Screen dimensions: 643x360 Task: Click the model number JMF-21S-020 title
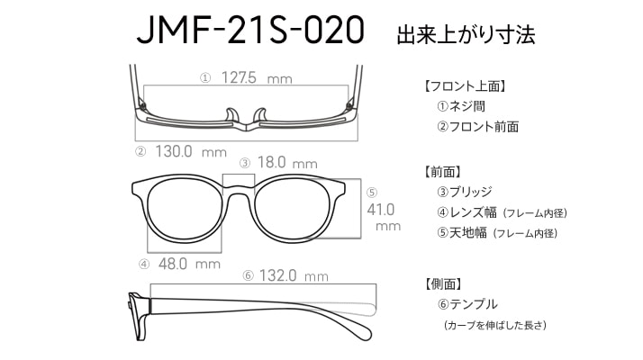pos(250,31)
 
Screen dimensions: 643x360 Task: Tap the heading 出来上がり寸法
pos(466,35)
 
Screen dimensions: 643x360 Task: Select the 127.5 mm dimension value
pos(257,78)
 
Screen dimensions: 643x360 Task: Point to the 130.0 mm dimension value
pos(191,152)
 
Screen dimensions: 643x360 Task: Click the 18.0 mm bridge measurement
pos(287,163)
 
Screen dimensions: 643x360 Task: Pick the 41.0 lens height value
pos(381,210)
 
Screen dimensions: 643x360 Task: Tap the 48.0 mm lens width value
pos(189,264)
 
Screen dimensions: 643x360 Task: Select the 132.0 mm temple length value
pos(294,275)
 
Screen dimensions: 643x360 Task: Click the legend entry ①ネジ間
pos(461,106)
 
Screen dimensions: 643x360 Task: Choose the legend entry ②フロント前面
pos(477,127)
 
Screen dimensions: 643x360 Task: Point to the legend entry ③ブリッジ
pos(464,192)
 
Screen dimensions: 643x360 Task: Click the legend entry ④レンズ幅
pos(466,212)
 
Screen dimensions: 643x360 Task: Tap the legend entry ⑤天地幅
pos(462,233)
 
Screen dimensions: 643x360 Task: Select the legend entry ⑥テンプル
pos(467,304)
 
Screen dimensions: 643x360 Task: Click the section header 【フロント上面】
pos(465,86)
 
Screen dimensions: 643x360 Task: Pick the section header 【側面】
pos(442,283)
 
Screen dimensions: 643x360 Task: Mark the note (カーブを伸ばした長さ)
pos(495,325)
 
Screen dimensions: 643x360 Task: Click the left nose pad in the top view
pos(232,114)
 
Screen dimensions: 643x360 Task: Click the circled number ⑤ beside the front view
pos(372,193)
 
